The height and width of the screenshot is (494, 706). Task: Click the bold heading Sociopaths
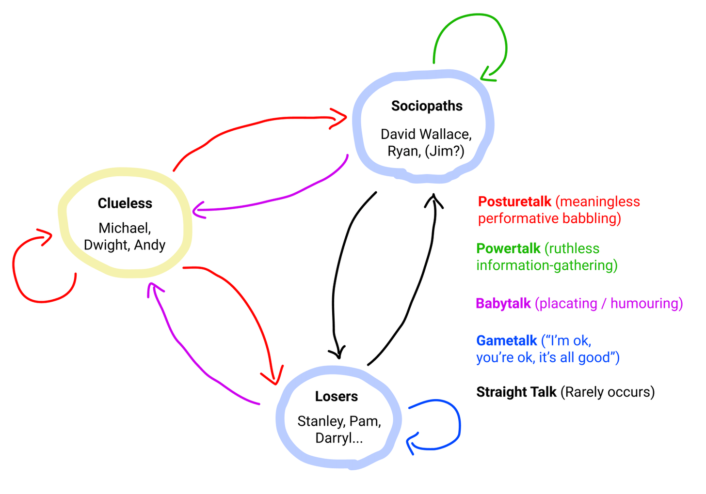pos(427,106)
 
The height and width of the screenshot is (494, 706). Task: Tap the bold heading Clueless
pos(125,203)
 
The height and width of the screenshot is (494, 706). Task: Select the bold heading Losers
pos(337,397)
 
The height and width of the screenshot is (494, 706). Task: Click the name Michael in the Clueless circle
pos(124,228)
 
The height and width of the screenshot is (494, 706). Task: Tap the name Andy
pos(150,245)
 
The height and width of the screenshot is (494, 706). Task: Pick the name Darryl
pos(334,438)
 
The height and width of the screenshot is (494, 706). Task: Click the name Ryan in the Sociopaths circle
pos(404,152)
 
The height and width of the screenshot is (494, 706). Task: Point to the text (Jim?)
pos(445,152)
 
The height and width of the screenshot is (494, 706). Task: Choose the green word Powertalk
pos(508,248)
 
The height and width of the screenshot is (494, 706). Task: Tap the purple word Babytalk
pos(503,304)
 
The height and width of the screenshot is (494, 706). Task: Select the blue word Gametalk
pos(507,340)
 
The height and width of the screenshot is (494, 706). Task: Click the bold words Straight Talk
pos(516,392)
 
